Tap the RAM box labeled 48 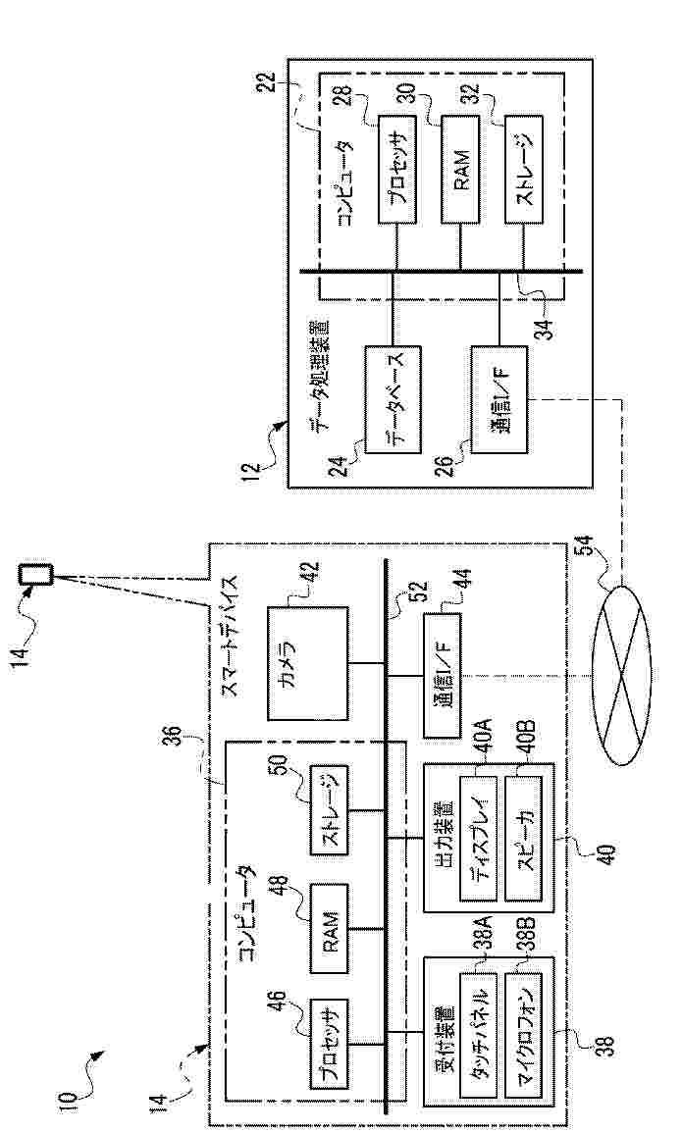point(332,928)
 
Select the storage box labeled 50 point(332,811)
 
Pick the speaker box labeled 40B point(525,840)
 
